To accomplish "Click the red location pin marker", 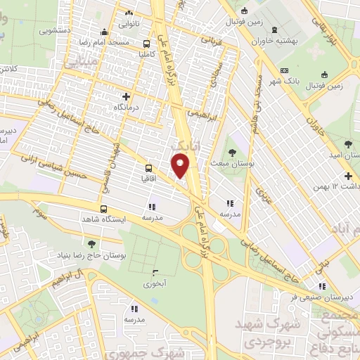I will [x=181, y=165].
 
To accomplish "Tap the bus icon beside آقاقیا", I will [x=148, y=168].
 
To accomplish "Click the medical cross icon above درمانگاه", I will [x=127, y=96].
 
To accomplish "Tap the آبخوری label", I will [x=153, y=284].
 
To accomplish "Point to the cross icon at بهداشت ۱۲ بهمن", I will [x=347, y=176].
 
